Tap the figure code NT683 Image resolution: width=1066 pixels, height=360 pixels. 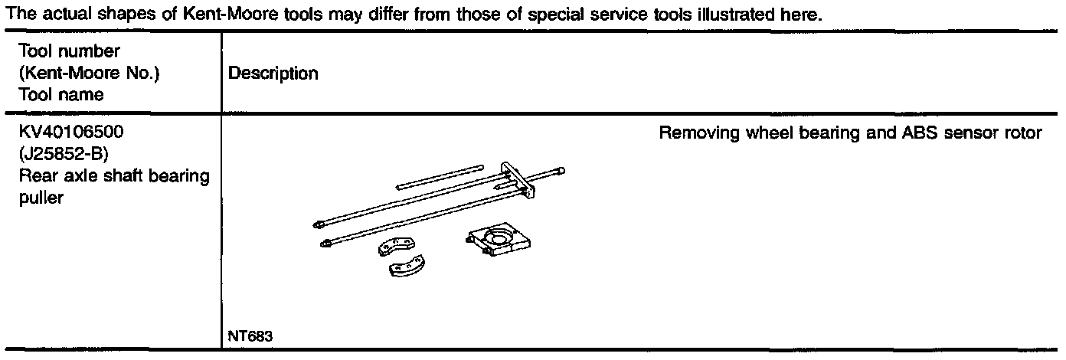(x=250, y=336)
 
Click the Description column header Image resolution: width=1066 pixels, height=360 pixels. (x=273, y=74)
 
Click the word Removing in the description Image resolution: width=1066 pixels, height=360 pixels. (x=692, y=133)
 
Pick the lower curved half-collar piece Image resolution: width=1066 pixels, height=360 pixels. (x=408, y=268)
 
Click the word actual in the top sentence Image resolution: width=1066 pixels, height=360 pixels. (x=50, y=15)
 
